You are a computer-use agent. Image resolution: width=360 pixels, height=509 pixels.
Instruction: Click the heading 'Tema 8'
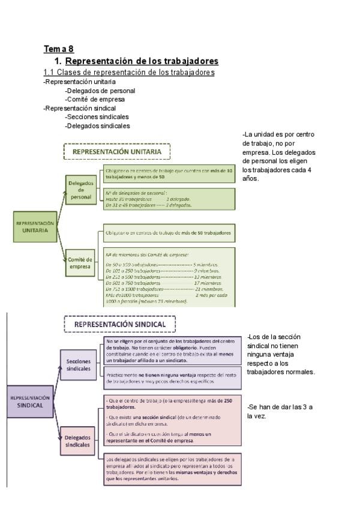pos(58,49)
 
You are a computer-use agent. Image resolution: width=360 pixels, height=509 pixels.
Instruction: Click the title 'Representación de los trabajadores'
pos(142,61)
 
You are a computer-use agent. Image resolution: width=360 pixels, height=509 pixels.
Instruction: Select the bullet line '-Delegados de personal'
pos(100,91)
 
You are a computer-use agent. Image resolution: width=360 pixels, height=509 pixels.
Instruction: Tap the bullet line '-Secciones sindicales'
pos(97,117)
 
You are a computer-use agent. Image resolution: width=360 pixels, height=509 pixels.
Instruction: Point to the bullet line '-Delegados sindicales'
pos(98,126)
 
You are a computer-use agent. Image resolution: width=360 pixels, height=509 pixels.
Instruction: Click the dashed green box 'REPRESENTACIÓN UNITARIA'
pos(117,152)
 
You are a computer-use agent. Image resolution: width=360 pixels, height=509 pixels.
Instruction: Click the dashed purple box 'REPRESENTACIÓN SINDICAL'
pos(120,324)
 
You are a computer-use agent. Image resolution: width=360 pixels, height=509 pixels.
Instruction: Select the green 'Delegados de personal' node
pos(80,189)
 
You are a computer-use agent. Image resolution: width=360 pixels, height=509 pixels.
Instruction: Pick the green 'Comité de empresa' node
pos(80,264)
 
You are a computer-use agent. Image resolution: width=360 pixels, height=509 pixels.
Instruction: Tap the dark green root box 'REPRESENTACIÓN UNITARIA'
pos(34,226)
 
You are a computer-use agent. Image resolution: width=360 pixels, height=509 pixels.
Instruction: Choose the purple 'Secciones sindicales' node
pos(78,365)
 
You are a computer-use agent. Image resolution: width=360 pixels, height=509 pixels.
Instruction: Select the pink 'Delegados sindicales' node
pos(78,441)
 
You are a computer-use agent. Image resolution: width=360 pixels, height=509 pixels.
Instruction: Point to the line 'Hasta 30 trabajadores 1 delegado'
pos(148,199)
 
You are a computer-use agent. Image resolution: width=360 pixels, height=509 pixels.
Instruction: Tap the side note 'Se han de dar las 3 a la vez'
pos(280,411)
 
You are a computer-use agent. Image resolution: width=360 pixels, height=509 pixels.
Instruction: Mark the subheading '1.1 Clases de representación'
pos(129,73)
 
